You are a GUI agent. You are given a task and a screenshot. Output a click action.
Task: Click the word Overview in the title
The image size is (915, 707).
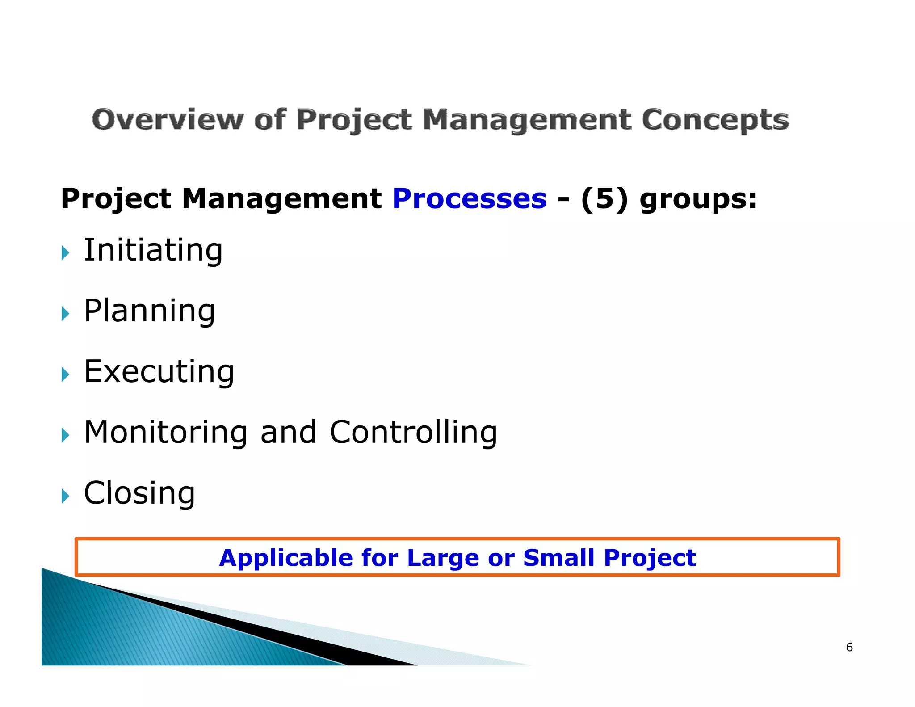(x=168, y=120)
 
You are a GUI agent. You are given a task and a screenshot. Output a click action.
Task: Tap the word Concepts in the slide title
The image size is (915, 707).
(x=715, y=120)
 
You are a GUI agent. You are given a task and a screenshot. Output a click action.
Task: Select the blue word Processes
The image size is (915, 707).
(x=470, y=199)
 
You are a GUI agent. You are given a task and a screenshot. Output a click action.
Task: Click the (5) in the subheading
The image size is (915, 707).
(x=604, y=199)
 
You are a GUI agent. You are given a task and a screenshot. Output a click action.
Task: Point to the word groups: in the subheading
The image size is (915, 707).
(x=698, y=200)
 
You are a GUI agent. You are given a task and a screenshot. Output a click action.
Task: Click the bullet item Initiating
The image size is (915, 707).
(x=153, y=250)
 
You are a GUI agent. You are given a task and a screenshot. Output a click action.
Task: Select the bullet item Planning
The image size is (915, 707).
(x=150, y=311)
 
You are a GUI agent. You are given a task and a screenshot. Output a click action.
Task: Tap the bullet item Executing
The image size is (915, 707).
(x=159, y=372)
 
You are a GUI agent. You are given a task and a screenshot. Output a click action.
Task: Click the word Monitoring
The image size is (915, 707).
(x=166, y=433)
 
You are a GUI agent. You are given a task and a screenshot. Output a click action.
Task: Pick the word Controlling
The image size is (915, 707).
(x=413, y=433)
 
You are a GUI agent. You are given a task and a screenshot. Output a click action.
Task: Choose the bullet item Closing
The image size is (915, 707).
(x=139, y=493)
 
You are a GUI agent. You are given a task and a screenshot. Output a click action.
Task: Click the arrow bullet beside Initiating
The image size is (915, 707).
(x=66, y=253)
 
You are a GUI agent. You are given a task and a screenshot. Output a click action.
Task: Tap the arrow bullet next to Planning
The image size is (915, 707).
(x=66, y=314)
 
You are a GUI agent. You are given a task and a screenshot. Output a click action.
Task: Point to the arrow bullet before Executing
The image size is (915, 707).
(x=66, y=375)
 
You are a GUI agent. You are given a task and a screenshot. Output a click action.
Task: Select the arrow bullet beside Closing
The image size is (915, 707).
(x=66, y=496)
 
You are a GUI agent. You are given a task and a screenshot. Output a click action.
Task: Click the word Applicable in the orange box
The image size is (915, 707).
(x=286, y=558)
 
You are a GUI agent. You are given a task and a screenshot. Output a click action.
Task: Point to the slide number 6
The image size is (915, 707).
(x=849, y=647)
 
